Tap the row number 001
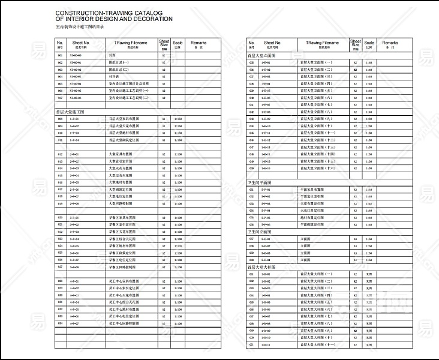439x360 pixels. [60, 55]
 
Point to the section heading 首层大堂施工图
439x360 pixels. [70, 112]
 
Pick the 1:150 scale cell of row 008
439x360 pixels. [178, 119]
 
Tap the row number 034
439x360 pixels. [60, 323]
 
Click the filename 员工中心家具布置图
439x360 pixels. [124, 281]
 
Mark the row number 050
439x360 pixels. [251, 169]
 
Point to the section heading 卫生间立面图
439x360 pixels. [260, 232]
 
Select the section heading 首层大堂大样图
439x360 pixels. [261, 267]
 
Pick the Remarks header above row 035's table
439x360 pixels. [390, 44]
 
